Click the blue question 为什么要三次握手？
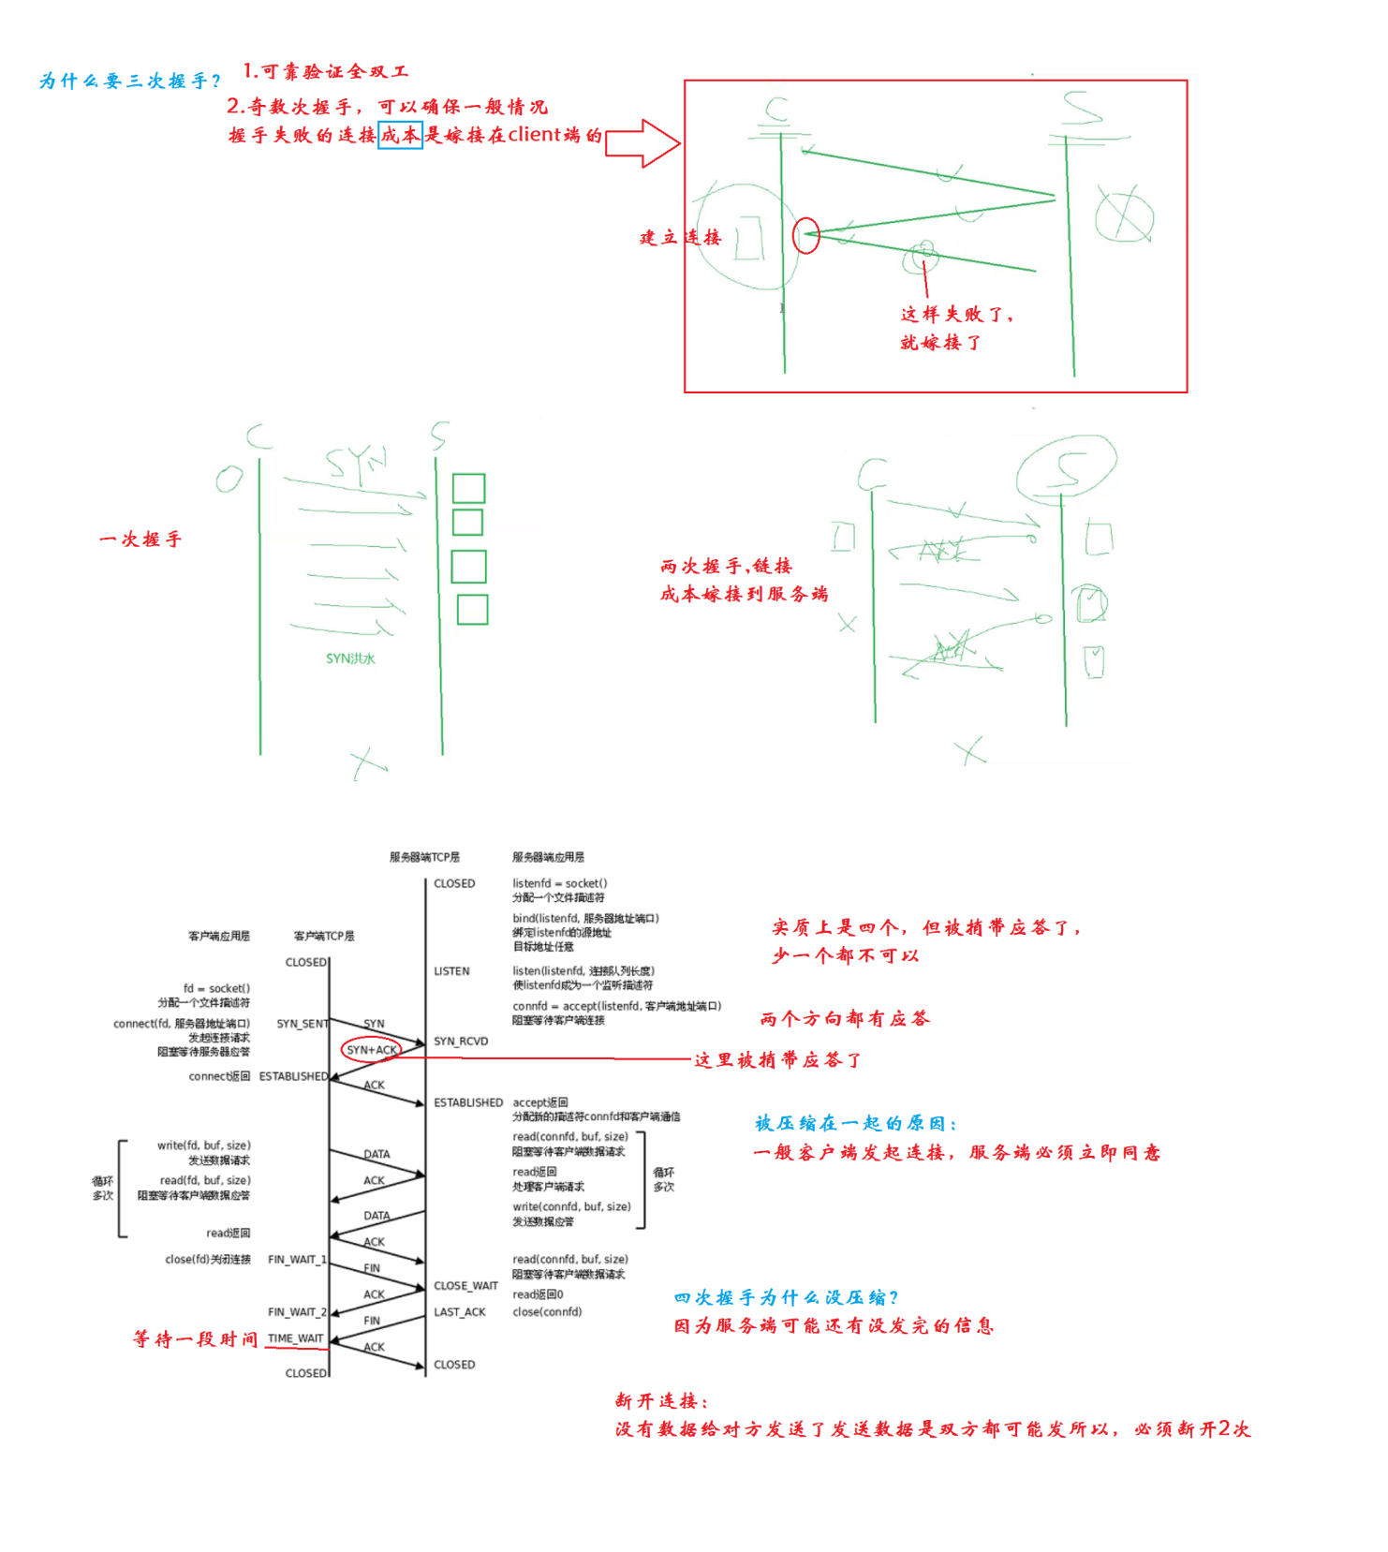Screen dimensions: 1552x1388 [130, 81]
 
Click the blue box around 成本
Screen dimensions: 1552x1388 [400, 135]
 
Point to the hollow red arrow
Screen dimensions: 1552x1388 [642, 143]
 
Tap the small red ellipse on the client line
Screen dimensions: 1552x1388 [805, 235]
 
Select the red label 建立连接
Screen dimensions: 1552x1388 [681, 238]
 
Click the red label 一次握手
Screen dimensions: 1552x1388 [140, 540]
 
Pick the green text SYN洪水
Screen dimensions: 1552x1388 [350, 658]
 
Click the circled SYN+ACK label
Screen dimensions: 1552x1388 [372, 1050]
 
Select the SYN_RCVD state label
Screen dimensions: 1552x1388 [461, 1042]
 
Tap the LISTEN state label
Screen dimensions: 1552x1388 [451, 971]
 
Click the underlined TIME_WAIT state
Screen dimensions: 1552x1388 [295, 1338]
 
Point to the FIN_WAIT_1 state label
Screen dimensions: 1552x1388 [297, 1260]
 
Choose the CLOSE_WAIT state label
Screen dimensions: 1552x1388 [465, 1286]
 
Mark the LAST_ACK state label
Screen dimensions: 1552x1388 [459, 1312]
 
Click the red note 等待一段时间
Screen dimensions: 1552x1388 [195, 1339]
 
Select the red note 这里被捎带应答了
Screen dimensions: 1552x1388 [777, 1060]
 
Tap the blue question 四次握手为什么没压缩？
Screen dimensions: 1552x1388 [787, 1298]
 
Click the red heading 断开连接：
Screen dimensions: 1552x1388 [662, 1401]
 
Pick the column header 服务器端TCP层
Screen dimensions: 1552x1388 [424, 857]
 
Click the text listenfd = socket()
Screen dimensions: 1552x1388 [559, 883]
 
